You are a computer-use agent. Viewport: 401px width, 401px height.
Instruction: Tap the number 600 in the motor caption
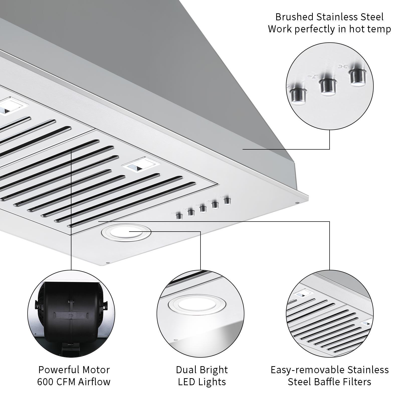(45, 382)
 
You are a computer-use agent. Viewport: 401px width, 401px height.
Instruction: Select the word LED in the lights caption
(187, 382)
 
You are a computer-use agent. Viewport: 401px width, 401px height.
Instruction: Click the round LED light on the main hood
(126, 232)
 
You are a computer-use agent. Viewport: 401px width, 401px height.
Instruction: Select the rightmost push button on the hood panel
(227, 201)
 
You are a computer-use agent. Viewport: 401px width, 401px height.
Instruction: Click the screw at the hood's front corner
(108, 263)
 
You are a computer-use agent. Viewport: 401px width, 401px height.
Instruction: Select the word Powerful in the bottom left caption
(56, 370)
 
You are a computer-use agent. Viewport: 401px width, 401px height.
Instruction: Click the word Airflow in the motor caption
(94, 382)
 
